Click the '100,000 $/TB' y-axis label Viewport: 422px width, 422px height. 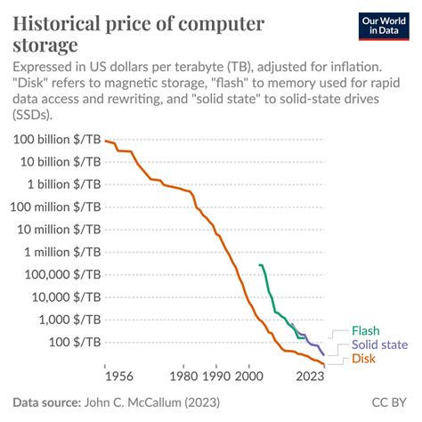pos(63,274)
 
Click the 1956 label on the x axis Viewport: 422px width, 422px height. pos(119,377)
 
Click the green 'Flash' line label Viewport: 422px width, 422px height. pos(365,330)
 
